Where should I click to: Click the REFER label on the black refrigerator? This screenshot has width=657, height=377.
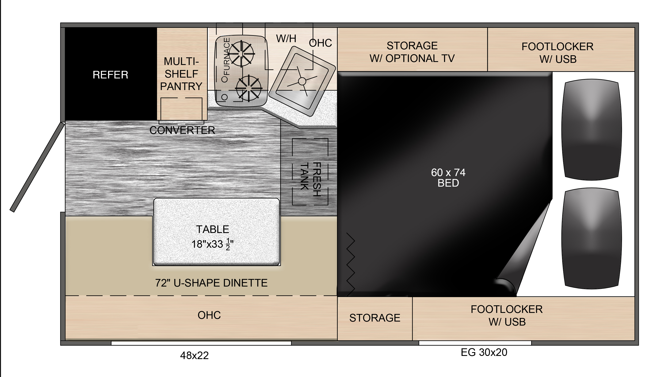110,75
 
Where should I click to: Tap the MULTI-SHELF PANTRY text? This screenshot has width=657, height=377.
181,74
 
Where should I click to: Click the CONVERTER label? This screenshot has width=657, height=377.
182,130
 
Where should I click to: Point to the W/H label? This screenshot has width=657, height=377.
286,39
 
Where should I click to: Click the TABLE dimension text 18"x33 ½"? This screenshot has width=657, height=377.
213,244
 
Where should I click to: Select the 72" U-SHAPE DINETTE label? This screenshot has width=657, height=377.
211,283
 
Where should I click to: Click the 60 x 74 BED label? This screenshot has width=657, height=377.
448,178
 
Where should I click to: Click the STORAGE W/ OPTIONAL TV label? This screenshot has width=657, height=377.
412,52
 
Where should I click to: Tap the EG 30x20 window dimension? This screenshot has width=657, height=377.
484,352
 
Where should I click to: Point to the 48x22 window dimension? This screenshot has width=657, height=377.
194,356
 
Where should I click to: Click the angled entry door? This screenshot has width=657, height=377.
37,167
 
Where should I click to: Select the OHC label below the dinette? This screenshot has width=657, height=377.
209,315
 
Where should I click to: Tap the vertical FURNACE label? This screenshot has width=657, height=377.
226,57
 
